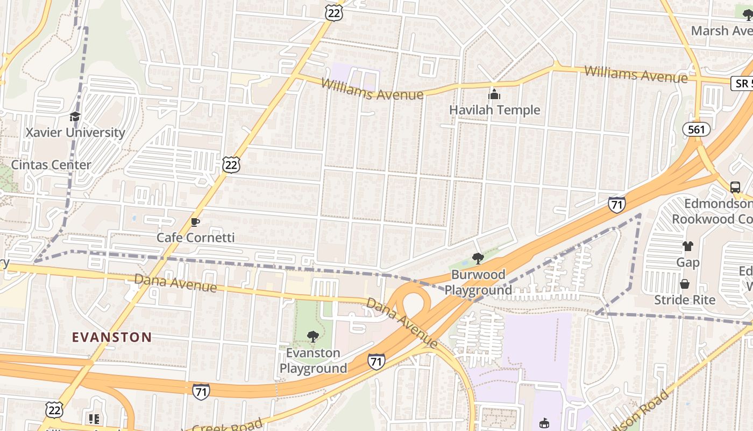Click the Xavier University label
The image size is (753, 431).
pos(75,133)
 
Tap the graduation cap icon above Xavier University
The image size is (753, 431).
pos(75,116)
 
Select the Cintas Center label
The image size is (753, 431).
pos(51,165)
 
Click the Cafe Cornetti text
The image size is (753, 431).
pos(196,238)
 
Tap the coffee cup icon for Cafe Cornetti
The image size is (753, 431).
pos(195,222)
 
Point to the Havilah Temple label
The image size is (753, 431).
pos(494,110)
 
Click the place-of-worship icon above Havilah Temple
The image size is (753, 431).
pos(494,94)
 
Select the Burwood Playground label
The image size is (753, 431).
pos(478,282)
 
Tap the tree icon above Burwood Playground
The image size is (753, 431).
pos(477,259)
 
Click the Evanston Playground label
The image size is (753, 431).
pos(313,360)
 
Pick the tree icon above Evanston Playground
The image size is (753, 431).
pos(312,337)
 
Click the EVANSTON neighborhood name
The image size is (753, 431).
pos(112,338)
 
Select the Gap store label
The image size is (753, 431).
pos(688,262)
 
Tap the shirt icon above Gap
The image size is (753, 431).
pos(688,246)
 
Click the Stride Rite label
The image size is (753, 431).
pos(685,300)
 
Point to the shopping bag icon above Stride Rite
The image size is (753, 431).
pos(685,284)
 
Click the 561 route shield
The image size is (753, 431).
pos(697,129)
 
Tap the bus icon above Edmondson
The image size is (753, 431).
pos(735,187)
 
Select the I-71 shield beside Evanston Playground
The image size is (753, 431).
pos(376,362)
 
